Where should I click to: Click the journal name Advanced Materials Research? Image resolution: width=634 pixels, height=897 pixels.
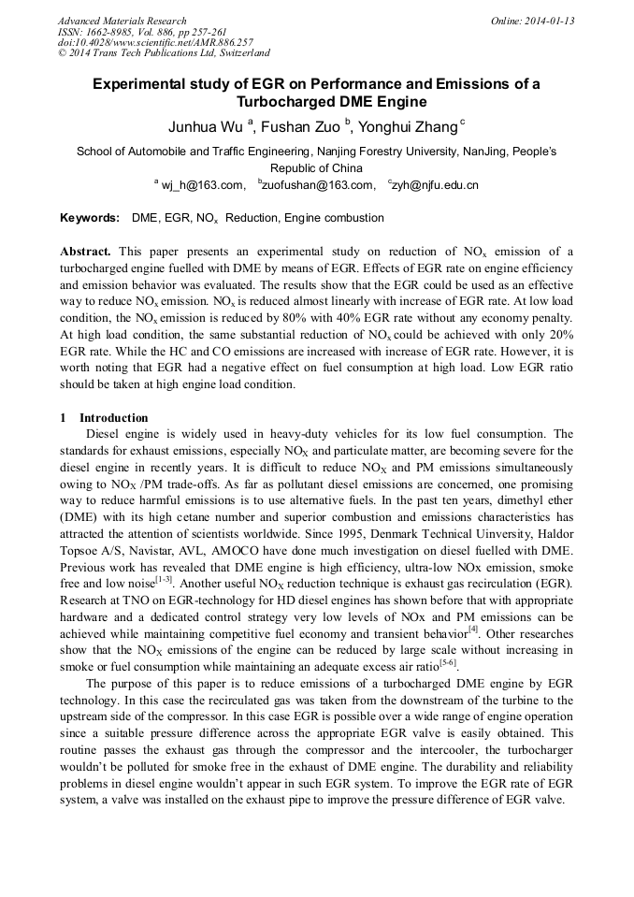pos(122,21)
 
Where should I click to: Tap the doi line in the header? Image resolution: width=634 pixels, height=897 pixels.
pos(155,43)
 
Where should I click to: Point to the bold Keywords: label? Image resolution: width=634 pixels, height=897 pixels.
pos(90,218)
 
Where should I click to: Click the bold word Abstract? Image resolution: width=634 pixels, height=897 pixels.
pos(86,252)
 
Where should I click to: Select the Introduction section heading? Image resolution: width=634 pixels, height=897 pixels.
pos(113,417)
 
